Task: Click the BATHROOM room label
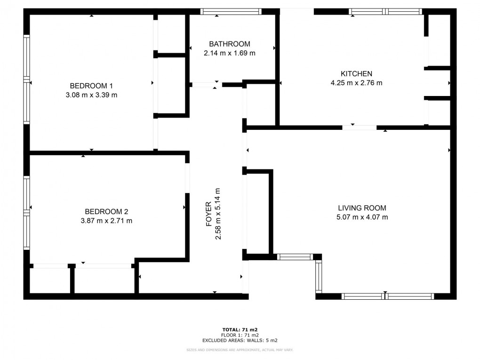(230, 44)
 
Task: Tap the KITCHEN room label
(356, 73)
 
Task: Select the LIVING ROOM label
(362, 208)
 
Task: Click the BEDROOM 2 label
(106, 212)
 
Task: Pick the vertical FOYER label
(209, 214)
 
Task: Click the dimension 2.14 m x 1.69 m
(230, 53)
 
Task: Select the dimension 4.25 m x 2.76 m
(356, 83)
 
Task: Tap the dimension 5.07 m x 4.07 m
(362, 217)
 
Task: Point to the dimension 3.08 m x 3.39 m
(91, 95)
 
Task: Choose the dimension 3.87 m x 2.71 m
(106, 221)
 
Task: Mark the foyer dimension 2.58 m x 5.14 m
(218, 214)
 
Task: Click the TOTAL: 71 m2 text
(240, 330)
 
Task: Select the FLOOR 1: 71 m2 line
(240, 335)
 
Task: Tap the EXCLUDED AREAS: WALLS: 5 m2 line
(240, 340)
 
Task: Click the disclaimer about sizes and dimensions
(240, 350)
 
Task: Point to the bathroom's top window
(231, 12)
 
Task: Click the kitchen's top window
(385, 12)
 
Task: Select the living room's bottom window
(388, 296)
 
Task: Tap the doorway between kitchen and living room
(360, 128)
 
